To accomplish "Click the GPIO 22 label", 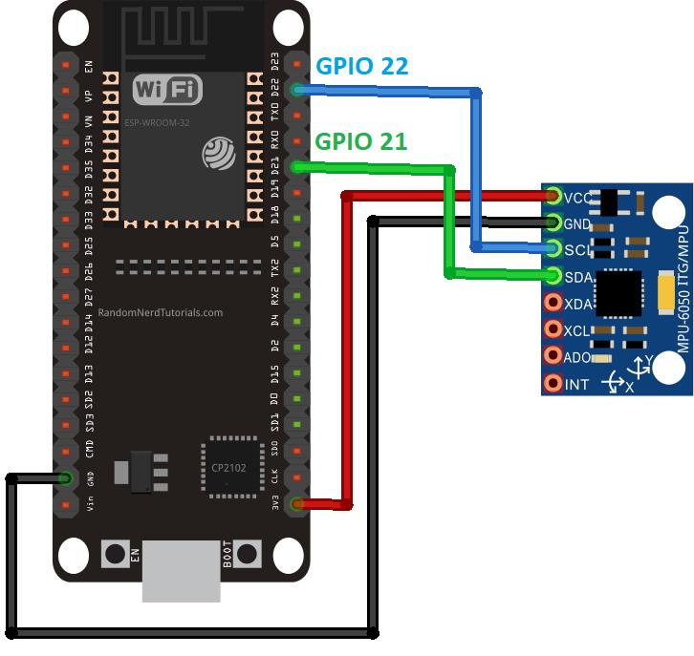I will pyautogui.click(x=361, y=66).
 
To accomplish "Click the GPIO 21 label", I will pyautogui.click(x=361, y=141).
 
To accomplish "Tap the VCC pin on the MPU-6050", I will pyautogui.click(x=553, y=198).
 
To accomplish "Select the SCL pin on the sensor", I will pyautogui.click(x=553, y=250).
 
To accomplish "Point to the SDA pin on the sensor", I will pyautogui.click(x=553, y=277).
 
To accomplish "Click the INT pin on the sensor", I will pyautogui.click(x=553, y=384).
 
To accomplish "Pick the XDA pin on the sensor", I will pyautogui.click(x=553, y=304).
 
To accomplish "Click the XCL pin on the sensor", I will pyautogui.click(x=553, y=330).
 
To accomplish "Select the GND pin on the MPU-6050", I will pyautogui.click(x=553, y=223).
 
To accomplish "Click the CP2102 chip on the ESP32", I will pyautogui.click(x=230, y=467).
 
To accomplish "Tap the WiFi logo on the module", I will pyautogui.click(x=168, y=91).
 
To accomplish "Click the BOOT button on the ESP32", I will pyautogui.click(x=248, y=553).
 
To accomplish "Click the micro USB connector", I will pyautogui.click(x=182, y=572).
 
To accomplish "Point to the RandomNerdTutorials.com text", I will pyautogui.click(x=161, y=312).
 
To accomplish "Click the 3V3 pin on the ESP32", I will pyautogui.click(x=297, y=502).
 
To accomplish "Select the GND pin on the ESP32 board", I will pyautogui.click(x=65, y=476).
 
